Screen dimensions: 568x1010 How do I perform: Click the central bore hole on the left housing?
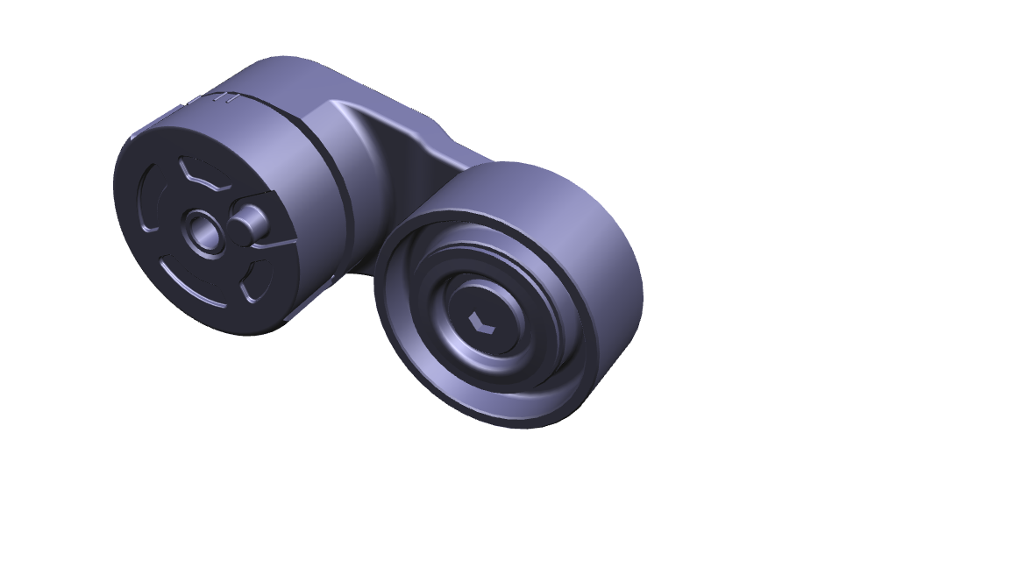pos(206,232)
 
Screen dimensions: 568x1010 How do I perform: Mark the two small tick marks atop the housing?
pos(229,98)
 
